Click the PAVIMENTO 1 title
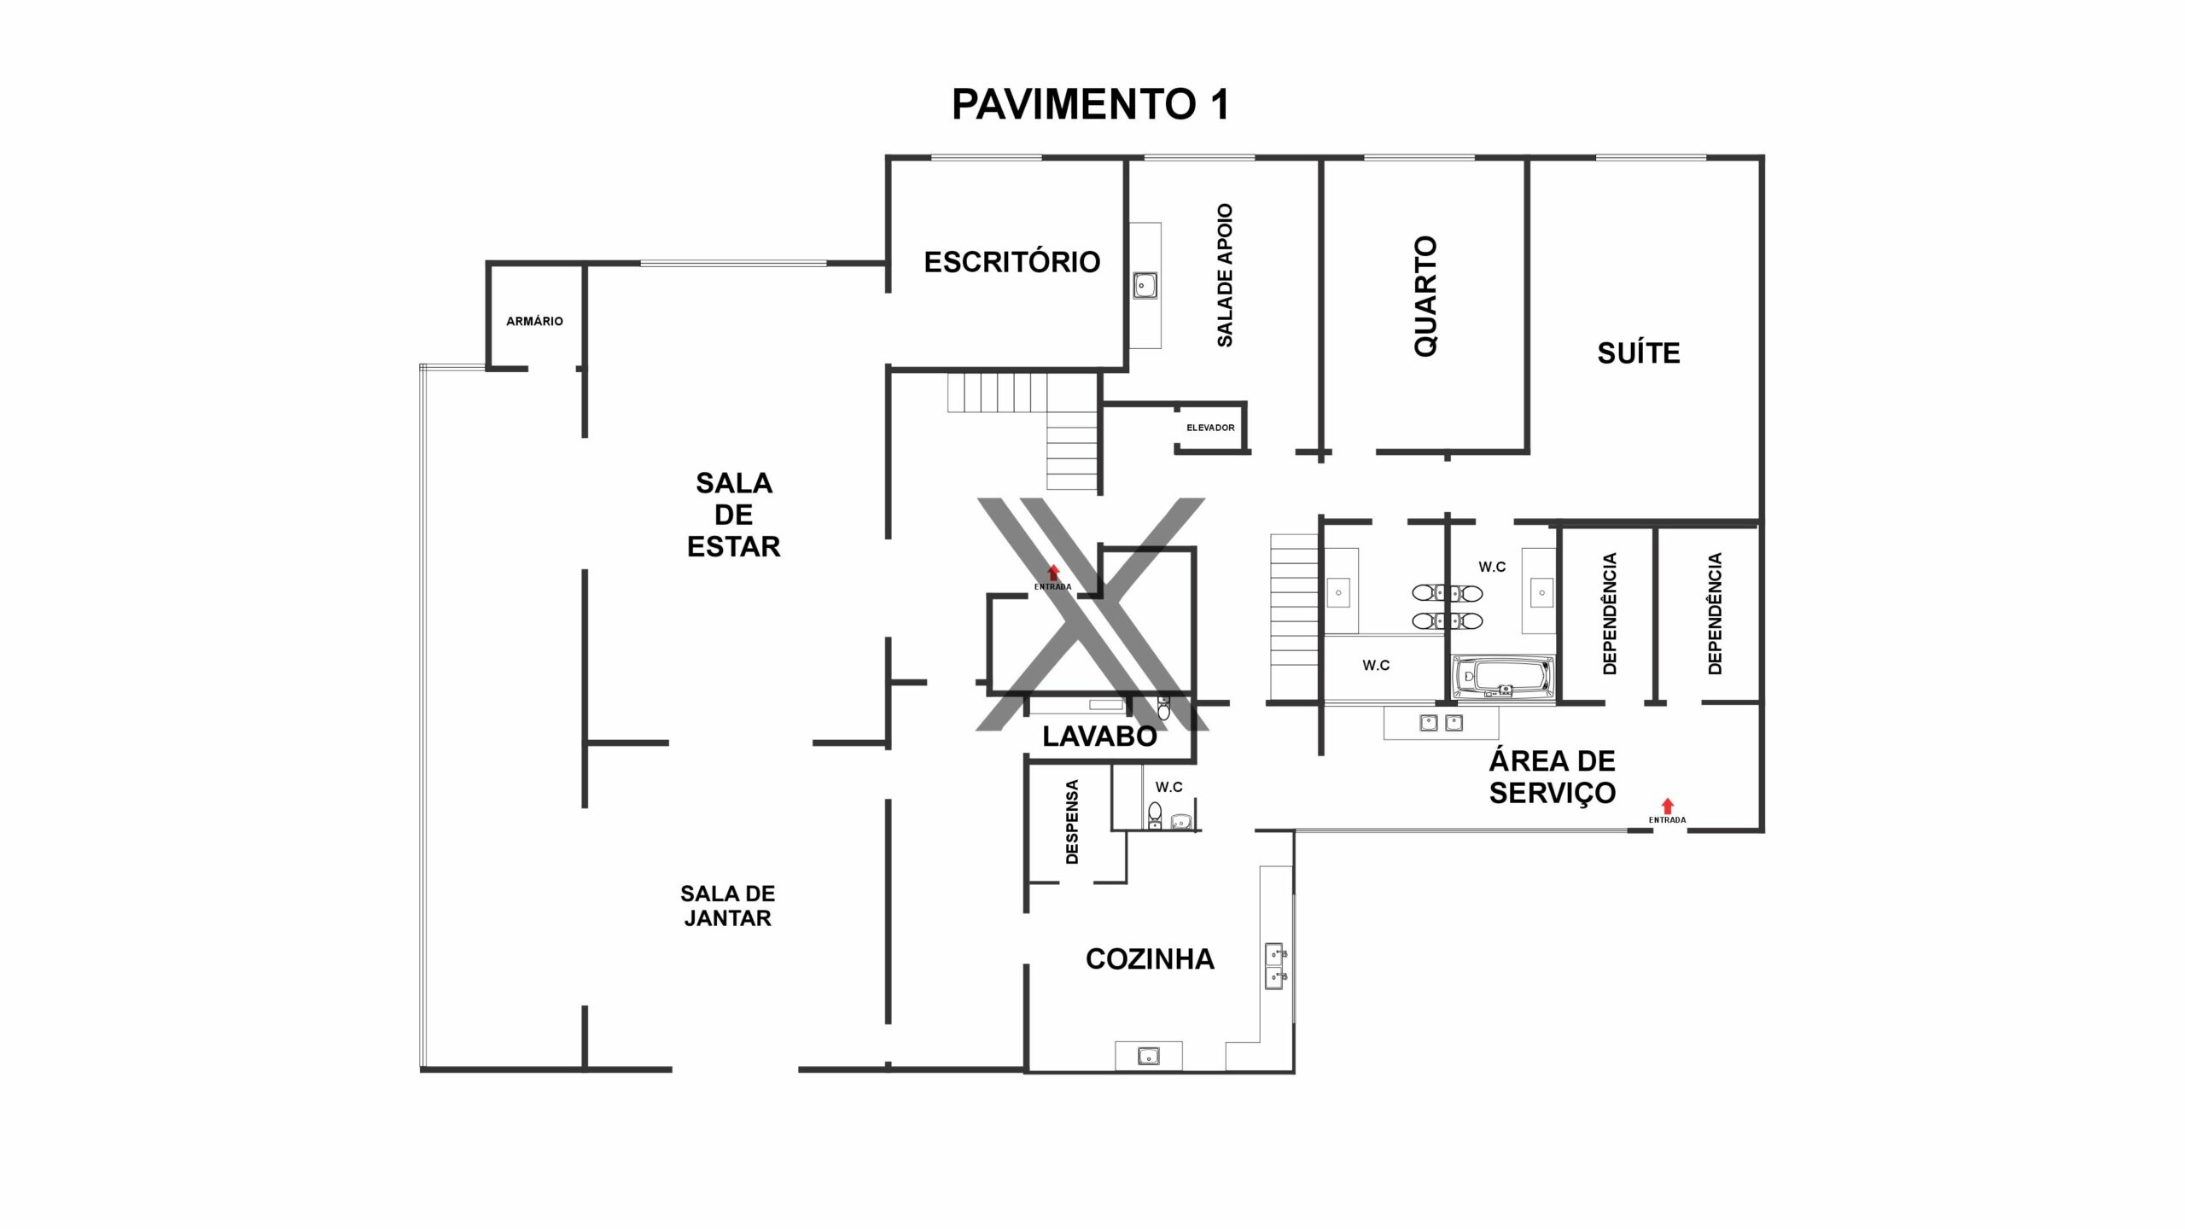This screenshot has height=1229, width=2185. (x=1091, y=105)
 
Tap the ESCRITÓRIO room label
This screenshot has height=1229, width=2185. (x=1012, y=262)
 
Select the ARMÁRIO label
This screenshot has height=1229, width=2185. (x=534, y=322)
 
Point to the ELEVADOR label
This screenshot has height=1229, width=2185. (x=1210, y=428)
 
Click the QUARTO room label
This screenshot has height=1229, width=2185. (x=1426, y=296)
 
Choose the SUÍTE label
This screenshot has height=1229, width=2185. (x=1639, y=353)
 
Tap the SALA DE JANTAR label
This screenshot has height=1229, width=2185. (x=728, y=906)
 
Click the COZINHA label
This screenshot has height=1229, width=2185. (x=1150, y=959)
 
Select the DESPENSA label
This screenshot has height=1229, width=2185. (x=1073, y=822)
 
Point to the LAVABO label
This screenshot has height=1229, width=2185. (x=1099, y=736)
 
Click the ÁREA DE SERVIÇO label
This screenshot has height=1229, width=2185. (x=1553, y=777)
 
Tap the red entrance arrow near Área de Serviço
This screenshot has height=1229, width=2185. (x=1667, y=806)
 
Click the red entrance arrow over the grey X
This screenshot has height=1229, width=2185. (x=1053, y=573)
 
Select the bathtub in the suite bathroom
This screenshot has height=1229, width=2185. (x=1503, y=678)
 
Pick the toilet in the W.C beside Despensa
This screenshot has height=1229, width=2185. (x=1155, y=815)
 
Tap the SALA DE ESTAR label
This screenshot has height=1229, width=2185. (x=734, y=515)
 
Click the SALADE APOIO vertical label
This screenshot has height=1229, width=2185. (x=1225, y=275)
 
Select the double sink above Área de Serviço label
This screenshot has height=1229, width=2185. (x=1442, y=724)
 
